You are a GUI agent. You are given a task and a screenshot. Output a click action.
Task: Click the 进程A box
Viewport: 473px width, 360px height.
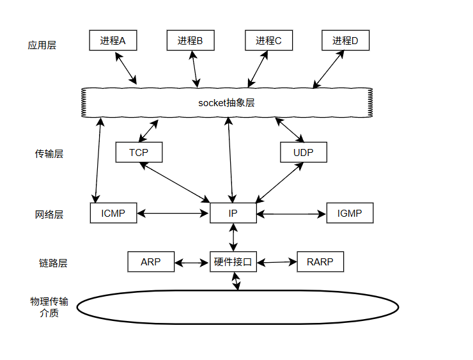pos(113,40)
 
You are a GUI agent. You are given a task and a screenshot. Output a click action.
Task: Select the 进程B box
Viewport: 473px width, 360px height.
pos(190,40)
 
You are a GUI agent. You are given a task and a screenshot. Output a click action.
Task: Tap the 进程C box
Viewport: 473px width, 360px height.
pos(268,40)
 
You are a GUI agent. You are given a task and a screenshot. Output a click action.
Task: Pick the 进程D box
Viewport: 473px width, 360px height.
pos(346,40)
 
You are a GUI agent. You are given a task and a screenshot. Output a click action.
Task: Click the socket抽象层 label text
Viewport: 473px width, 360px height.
pos(226,103)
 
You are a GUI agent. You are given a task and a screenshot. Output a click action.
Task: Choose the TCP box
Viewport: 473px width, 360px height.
pos(139,152)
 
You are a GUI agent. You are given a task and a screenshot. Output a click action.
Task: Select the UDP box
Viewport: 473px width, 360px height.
pos(304,152)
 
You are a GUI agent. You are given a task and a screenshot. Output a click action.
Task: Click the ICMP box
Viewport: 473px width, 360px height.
pos(113,213)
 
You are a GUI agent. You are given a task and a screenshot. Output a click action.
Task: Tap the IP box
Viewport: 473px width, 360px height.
pos(233,213)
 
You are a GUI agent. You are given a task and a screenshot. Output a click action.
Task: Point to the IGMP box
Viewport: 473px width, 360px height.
pos(350,213)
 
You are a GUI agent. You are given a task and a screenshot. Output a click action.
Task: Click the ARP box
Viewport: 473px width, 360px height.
pos(151,262)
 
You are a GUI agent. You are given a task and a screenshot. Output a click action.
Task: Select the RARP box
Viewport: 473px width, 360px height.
pos(320,262)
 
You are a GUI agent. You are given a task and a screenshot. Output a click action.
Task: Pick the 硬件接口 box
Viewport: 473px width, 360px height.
pos(233,262)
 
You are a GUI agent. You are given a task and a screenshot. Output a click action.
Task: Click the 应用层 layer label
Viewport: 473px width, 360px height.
pos(42,45)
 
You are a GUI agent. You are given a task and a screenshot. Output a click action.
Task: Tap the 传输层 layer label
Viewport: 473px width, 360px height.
pos(49,154)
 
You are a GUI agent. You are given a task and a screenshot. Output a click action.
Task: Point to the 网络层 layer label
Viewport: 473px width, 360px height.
pos(49,215)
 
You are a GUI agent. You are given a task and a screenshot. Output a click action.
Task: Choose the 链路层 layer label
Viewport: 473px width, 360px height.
pos(53,263)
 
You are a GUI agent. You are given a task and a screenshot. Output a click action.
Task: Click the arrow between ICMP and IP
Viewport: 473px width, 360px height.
pos(173,214)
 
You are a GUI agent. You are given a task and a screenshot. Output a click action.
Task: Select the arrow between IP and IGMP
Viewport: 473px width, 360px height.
pos(291,214)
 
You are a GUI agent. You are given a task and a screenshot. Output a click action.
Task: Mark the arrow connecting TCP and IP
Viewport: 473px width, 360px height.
pos(175,183)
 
